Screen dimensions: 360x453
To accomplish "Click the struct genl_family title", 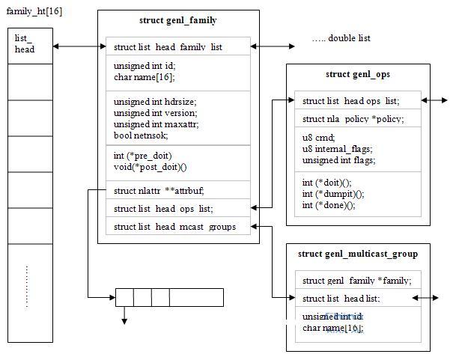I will [x=178, y=20].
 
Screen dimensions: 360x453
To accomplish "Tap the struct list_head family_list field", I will [x=168, y=47].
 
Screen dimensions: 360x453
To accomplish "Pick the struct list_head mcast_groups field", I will [x=174, y=226].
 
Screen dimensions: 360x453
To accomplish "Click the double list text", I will [x=341, y=38].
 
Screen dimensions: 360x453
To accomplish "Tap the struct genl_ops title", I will [x=358, y=75].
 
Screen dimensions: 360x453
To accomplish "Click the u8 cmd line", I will [x=318, y=138].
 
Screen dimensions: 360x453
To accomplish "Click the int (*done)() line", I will [x=329, y=204].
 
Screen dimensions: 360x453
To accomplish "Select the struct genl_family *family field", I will [x=356, y=281].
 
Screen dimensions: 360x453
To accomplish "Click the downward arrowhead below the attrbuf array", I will [x=124, y=321].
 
